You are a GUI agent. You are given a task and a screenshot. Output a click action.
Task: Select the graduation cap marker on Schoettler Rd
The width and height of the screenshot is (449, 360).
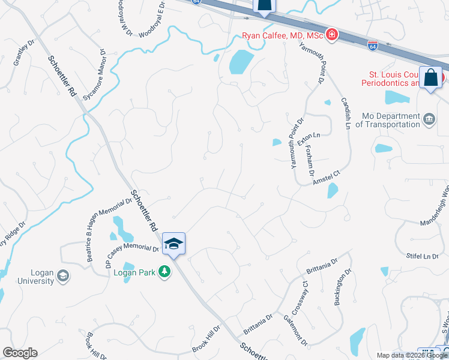(173, 244)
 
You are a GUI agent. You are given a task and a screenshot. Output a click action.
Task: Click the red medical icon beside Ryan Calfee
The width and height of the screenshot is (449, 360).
(331, 35)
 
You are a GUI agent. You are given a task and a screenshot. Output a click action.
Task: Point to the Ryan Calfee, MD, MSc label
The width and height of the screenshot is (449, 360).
(282, 35)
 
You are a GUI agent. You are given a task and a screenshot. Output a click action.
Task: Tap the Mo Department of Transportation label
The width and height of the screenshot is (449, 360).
(388, 120)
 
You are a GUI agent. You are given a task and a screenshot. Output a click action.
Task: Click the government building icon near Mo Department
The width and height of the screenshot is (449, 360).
(429, 119)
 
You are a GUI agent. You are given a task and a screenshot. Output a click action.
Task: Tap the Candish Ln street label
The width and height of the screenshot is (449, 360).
(346, 114)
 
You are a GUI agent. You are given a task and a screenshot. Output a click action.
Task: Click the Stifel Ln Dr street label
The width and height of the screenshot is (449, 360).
(423, 256)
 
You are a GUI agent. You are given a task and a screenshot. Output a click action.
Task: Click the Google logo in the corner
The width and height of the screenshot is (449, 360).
(20, 353)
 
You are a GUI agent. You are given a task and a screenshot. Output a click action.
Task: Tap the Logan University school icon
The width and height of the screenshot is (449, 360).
(62, 276)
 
